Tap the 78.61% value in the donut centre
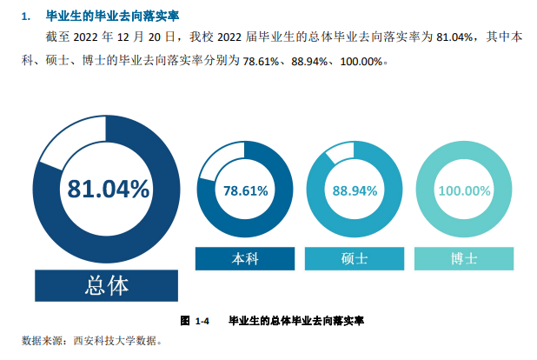(246, 190)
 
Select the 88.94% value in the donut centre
(354, 190)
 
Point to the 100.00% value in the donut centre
(464, 190)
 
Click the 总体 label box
(108, 285)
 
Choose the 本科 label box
(245, 258)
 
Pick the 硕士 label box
(354, 258)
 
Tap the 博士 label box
(464, 258)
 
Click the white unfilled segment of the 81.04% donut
(68, 143)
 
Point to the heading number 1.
(25, 16)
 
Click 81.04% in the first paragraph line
(453, 37)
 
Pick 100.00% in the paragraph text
(358, 63)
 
